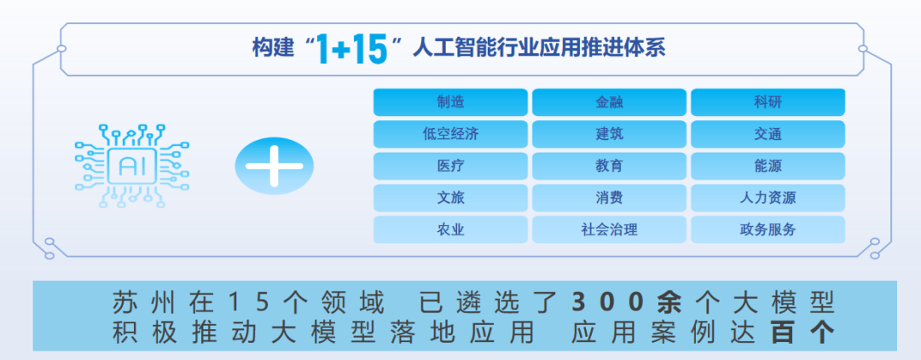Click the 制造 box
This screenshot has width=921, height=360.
[x=450, y=102]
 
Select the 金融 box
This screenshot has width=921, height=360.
[x=609, y=102]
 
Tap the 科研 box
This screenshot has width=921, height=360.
[x=767, y=102]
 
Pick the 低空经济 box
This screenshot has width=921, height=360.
[x=450, y=134]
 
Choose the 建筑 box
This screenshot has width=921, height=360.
[x=609, y=134]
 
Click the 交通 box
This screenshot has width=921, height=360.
[x=767, y=134]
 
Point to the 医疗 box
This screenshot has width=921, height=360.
[x=450, y=165]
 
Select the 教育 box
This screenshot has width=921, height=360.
[x=609, y=165]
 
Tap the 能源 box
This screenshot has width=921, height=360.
[x=767, y=165]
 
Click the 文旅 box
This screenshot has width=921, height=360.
[x=450, y=198]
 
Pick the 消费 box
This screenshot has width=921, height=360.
[x=609, y=198]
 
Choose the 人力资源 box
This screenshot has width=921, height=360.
[x=767, y=198]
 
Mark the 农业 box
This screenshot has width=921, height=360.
[x=450, y=229]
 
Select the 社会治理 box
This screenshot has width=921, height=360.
[x=609, y=229]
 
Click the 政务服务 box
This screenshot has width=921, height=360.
[x=767, y=229]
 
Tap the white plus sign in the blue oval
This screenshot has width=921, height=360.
[x=275, y=166]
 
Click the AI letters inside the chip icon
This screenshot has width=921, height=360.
[x=132, y=166]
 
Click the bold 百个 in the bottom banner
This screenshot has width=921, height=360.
[x=802, y=333]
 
